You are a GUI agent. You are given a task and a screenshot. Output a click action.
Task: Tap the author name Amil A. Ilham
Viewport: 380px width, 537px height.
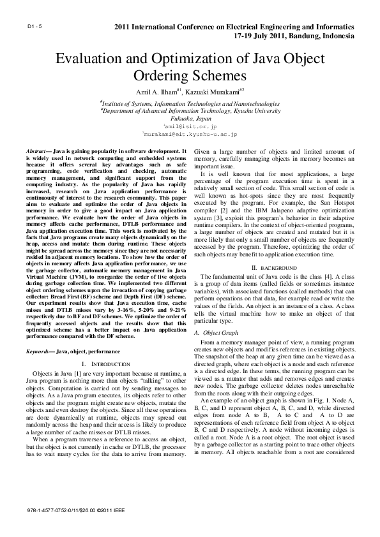(x=155, y=92)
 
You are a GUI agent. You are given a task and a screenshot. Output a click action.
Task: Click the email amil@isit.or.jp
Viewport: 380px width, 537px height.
(x=190, y=127)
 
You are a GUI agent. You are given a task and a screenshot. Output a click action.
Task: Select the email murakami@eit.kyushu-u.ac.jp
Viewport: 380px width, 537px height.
(x=190, y=135)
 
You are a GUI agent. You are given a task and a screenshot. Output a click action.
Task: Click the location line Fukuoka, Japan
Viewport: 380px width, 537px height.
(x=190, y=119)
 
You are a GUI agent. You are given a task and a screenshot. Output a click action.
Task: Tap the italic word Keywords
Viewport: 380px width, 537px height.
(x=37, y=352)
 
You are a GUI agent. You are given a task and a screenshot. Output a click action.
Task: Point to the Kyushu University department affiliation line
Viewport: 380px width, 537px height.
(x=190, y=110)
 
